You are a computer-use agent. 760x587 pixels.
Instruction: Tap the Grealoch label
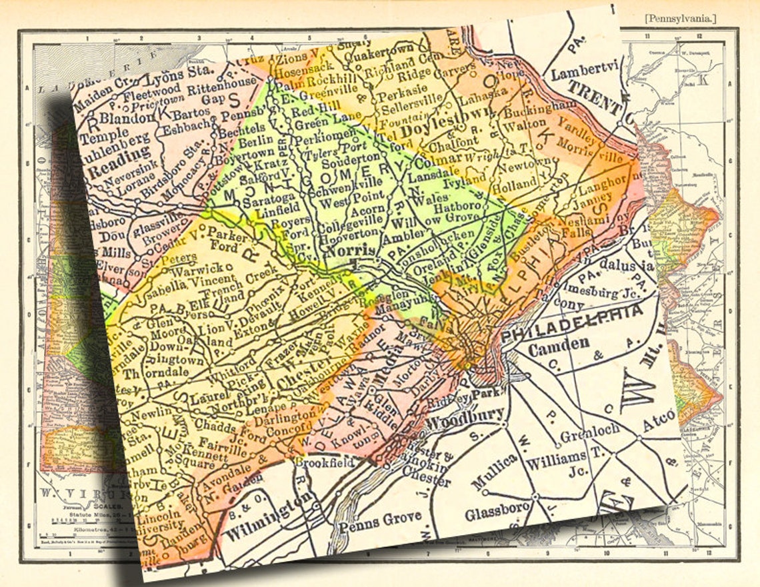point(591,432)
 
